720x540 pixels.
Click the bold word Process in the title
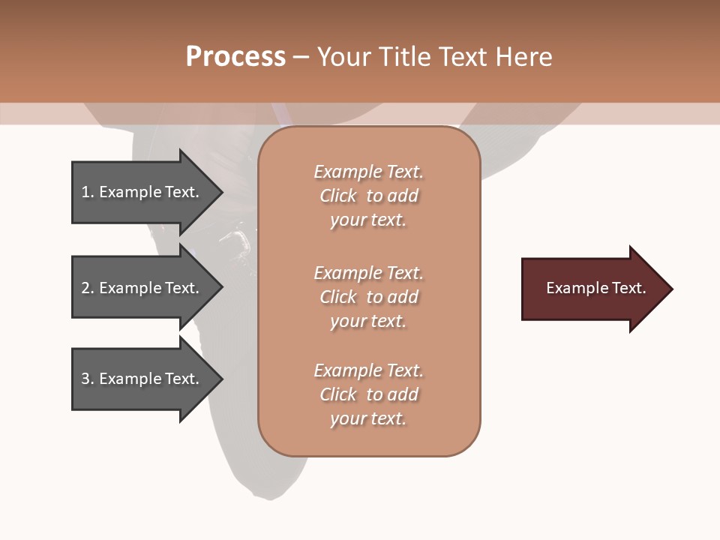coord(235,57)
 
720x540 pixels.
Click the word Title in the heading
coord(406,57)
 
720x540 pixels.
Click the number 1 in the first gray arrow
coord(85,192)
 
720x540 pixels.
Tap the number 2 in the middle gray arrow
coord(85,288)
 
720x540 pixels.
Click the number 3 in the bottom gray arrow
coord(85,379)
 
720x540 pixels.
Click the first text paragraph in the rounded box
coord(368,196)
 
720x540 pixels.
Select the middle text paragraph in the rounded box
coord(368,297)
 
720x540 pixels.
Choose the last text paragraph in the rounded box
coord(368,394)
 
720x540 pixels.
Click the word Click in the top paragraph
coord(337,196)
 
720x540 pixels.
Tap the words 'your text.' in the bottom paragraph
coord(368,418)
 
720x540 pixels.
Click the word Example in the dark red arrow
coord(571,288)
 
